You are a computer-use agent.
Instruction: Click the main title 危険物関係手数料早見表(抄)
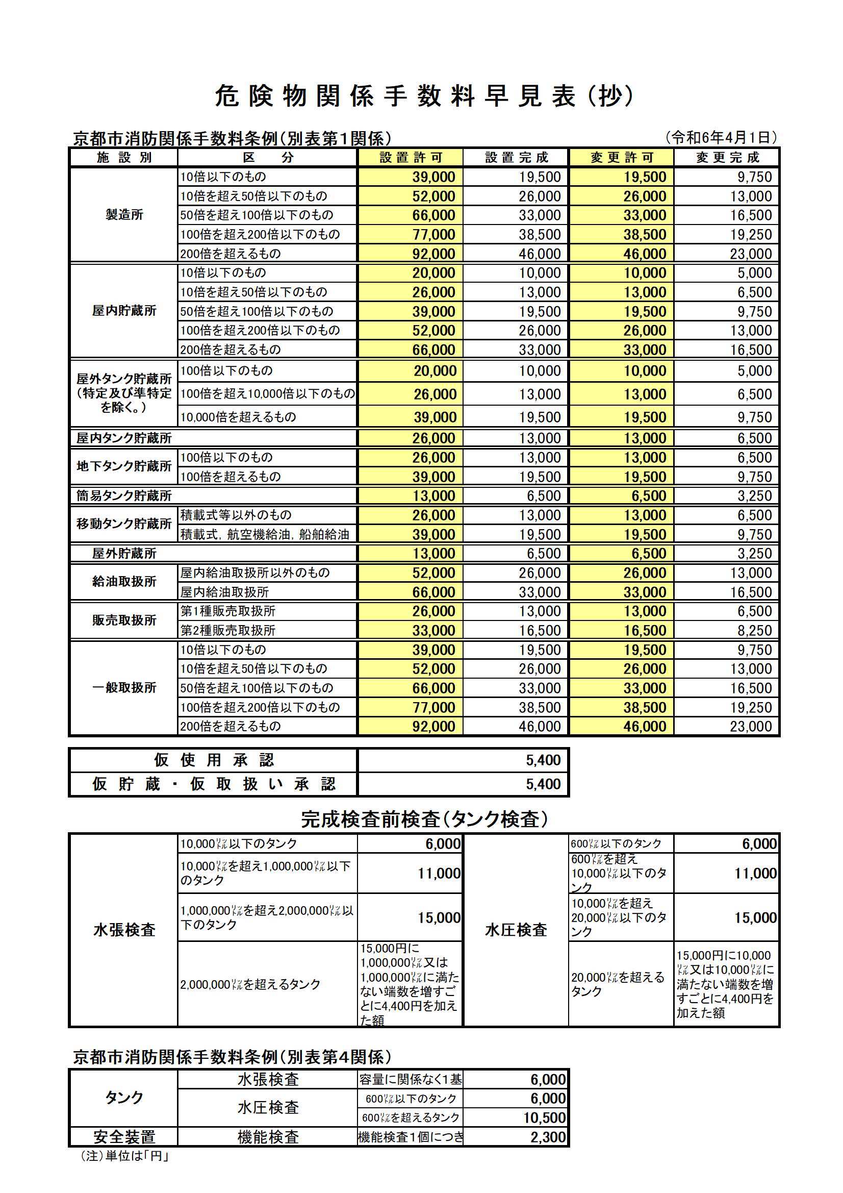[423, 96]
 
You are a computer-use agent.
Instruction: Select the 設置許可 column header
[411, 158]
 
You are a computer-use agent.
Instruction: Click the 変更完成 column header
[727, 158]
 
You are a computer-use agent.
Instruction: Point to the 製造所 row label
[124, 215]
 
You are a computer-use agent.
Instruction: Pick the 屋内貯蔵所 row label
[124, 311]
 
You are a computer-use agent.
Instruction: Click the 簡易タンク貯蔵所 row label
[124, 495]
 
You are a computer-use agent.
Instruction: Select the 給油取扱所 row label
[124, 581]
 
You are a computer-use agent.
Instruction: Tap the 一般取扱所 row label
[124, 687]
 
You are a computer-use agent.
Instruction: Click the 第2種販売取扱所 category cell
[227, 630]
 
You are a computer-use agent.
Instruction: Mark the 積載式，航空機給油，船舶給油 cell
[264, 534]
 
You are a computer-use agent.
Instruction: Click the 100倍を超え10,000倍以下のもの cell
[268, 394]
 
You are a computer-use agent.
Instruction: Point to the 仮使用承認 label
[214, 760]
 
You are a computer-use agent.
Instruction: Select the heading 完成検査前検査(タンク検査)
[424, 819]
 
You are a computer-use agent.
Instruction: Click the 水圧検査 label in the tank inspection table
[516, 930]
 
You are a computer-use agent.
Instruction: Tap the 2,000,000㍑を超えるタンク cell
[250, 984]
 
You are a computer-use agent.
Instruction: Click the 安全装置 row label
[124, 1137]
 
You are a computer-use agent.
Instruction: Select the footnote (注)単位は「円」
[125, 1156]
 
